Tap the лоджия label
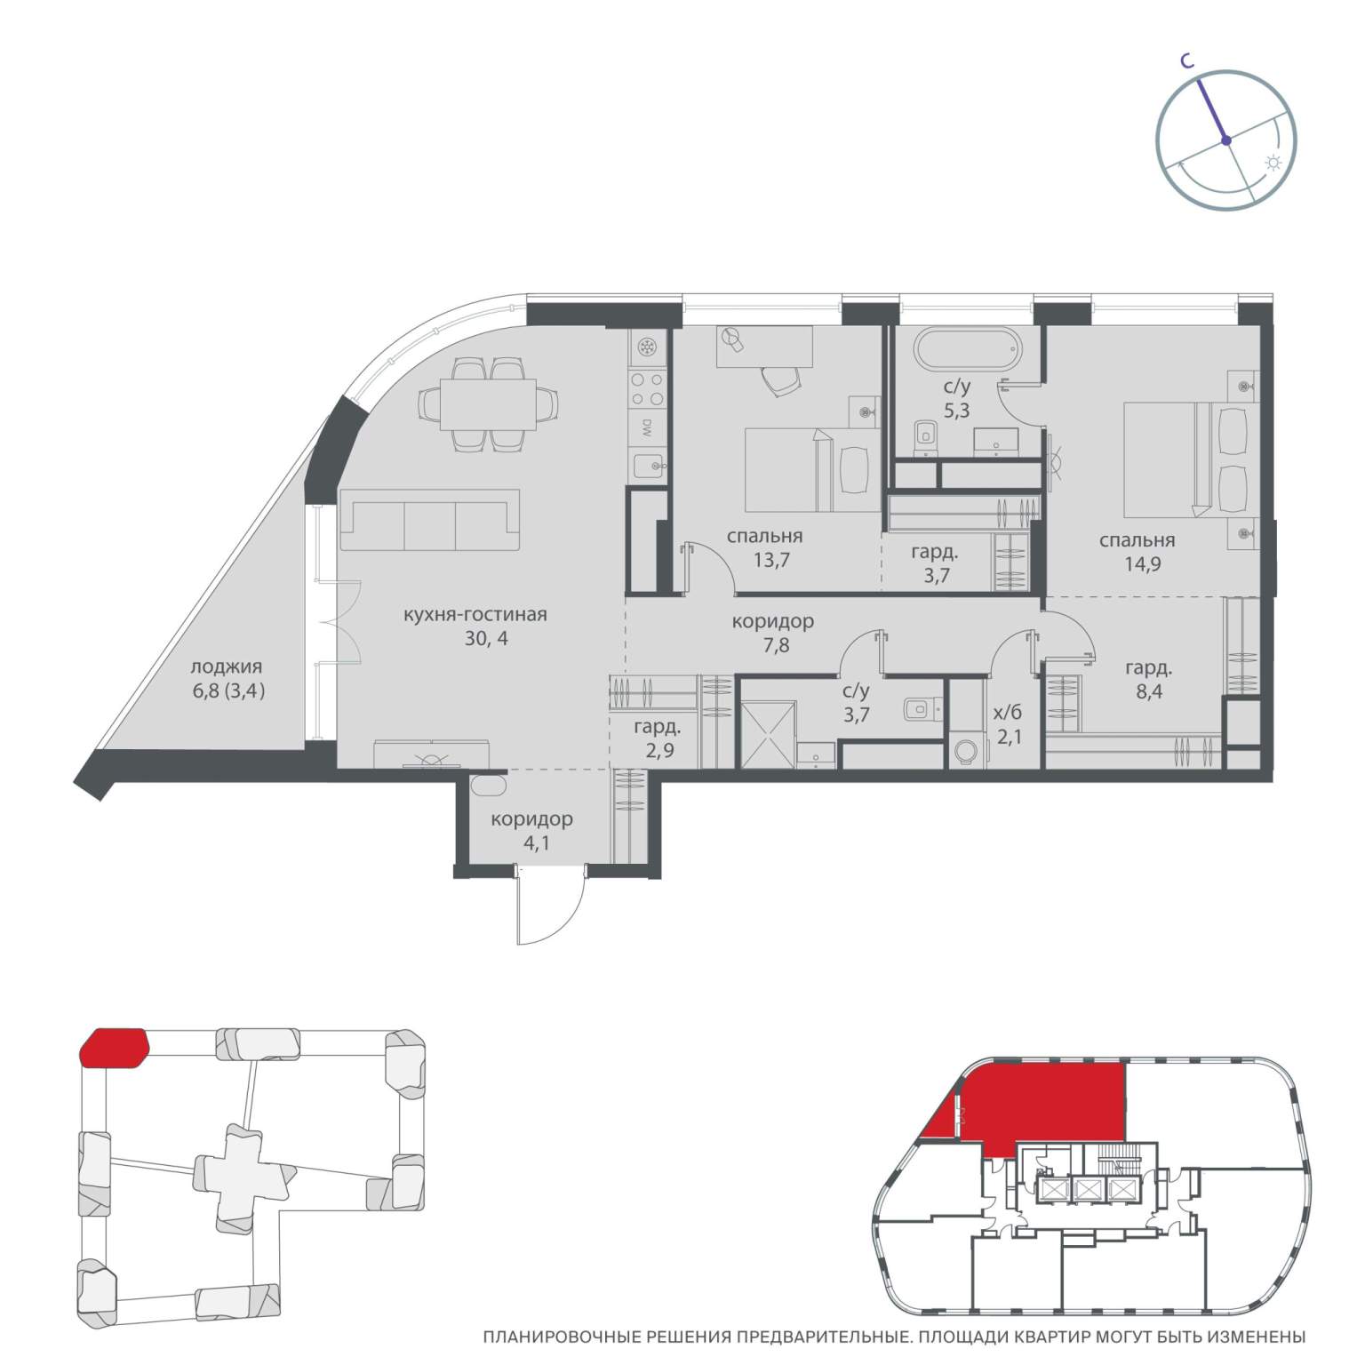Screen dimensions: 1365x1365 (227, 667)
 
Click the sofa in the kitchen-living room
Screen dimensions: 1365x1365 (431, 526)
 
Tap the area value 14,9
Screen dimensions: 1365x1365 (1143, 563)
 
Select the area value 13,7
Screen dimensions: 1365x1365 (770, 560)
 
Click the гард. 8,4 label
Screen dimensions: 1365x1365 (1148, 680)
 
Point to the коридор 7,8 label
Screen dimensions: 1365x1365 (773, 633)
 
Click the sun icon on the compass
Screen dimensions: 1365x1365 (1273, 164)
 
